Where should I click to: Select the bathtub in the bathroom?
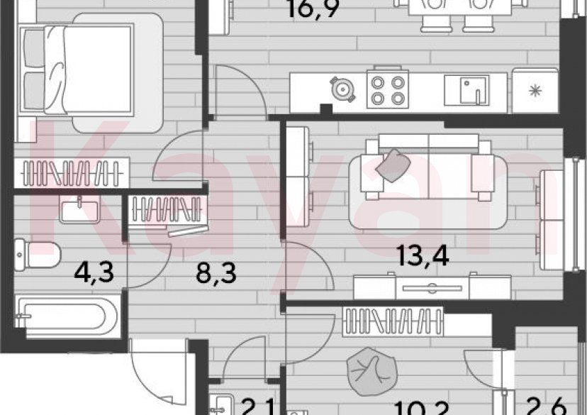coord(62,315)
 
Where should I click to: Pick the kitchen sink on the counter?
coord(466,90)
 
